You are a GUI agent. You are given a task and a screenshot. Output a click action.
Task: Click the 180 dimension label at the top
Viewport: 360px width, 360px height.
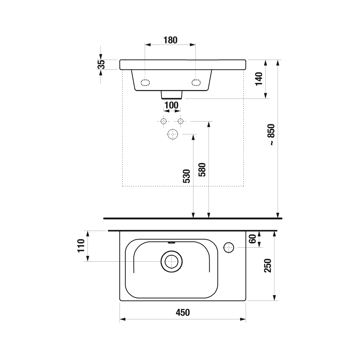[170, 40]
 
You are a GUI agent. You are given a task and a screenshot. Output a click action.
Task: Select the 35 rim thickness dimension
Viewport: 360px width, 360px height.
[102, 65]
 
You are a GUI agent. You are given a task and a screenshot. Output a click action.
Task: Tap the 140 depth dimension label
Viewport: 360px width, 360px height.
[259, 79]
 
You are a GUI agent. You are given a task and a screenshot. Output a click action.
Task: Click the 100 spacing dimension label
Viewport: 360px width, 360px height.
[172, 105]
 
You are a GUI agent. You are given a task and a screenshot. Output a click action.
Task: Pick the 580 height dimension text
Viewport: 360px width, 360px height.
[202, 170]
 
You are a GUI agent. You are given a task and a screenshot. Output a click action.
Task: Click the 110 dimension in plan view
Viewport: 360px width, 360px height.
[81, 246]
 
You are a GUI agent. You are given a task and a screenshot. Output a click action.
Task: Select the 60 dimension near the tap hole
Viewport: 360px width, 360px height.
[253, 239]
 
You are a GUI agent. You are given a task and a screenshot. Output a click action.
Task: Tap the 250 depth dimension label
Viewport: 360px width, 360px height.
[268, 266]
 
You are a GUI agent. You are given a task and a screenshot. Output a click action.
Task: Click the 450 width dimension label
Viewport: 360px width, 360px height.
[183, 312]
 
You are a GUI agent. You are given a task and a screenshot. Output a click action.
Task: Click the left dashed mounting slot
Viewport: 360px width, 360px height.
[145, 83]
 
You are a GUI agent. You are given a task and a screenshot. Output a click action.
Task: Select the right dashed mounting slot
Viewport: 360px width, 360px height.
[196, 83]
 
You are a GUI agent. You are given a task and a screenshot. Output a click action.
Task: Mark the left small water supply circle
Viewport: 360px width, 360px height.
[164, 121]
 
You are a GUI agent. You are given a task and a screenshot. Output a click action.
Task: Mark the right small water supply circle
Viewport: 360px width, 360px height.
[181, 121]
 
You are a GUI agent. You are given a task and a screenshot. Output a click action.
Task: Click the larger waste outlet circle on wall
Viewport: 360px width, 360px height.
[173, 134]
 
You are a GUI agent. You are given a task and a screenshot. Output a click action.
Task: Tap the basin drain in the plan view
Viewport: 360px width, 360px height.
[172, 262]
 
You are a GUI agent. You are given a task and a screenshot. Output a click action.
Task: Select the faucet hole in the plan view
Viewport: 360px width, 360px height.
[229, 248]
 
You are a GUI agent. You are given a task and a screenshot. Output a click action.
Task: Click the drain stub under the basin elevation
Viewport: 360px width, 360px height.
[172, 95]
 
